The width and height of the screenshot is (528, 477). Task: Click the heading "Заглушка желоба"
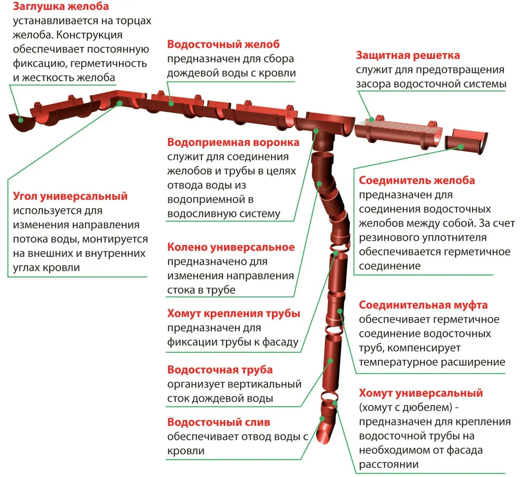click(60, 6)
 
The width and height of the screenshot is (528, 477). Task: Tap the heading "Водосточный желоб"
click(223, 44)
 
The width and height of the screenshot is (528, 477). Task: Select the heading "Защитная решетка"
click(408, 55)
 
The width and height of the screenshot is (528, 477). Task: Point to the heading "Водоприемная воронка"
click(233, 142)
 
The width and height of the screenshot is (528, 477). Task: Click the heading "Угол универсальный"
click(70, 196)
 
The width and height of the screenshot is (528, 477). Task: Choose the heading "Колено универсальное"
click(231, 247)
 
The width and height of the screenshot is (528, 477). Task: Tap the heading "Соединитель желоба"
click(417, 180)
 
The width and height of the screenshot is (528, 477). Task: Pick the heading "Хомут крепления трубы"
click(233, 314)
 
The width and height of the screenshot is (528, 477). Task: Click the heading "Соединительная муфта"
click(423, 305)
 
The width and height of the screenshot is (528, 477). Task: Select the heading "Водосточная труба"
click(219, 370)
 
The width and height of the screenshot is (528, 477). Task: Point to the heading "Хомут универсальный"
click(421, 393)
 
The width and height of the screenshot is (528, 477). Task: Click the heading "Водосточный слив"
click(218, 422)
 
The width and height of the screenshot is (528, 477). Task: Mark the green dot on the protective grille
click(372, 119)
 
